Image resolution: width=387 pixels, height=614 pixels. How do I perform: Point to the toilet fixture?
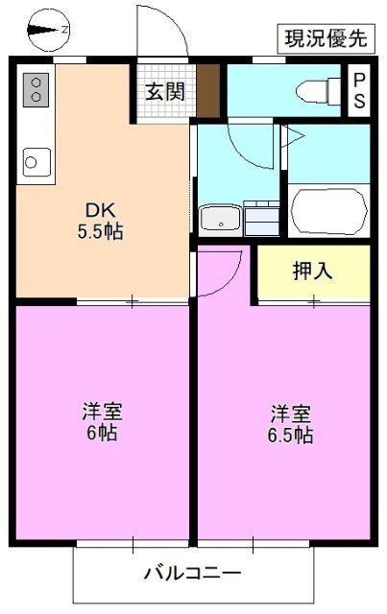point(314,92)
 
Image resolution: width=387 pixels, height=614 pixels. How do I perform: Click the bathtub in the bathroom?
point(328,211)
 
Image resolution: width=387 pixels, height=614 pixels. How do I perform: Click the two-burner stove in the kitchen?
point(36,90)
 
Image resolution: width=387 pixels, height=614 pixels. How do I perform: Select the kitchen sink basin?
point(36,160)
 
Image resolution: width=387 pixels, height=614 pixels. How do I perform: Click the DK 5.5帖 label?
point(100,220)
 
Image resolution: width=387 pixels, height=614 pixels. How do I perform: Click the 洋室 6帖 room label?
point(100,422)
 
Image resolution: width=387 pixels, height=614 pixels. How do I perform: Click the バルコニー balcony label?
point(193,575)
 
